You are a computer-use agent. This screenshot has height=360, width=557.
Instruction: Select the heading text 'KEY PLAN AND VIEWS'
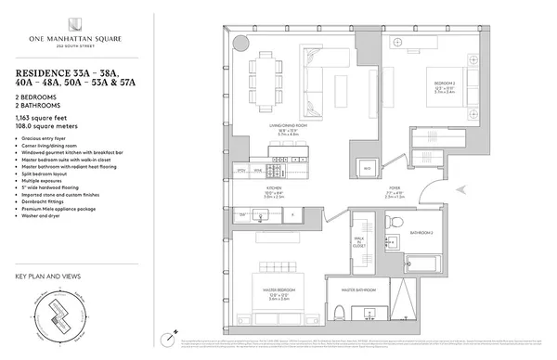pyautogui.click(x=47, y=276)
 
